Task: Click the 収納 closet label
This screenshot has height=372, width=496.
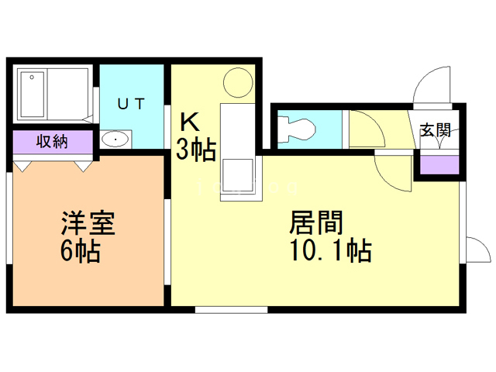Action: tap(51, 143)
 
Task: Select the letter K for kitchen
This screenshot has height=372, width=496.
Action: tap(189, 122)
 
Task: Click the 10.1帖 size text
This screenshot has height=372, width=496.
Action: tap(329, 251)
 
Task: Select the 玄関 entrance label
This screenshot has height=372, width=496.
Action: tap(435, 129)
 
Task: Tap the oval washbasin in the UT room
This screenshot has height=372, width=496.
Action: tap(115, 139)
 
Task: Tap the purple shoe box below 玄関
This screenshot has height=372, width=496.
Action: tap(436, 164)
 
